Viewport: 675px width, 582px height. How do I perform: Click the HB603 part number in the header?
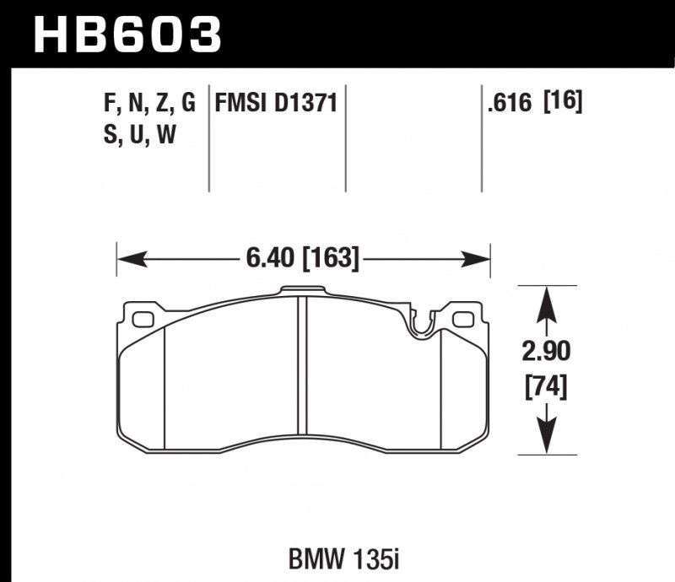(x=127, y=35)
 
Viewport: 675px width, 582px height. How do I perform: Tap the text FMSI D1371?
(x=276, y=104)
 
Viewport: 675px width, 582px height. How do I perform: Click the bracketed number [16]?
(x=563, y=103)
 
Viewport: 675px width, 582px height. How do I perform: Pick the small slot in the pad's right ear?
(x=463, y=320)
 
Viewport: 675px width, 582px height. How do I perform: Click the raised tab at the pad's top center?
(x=302, y=293)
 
